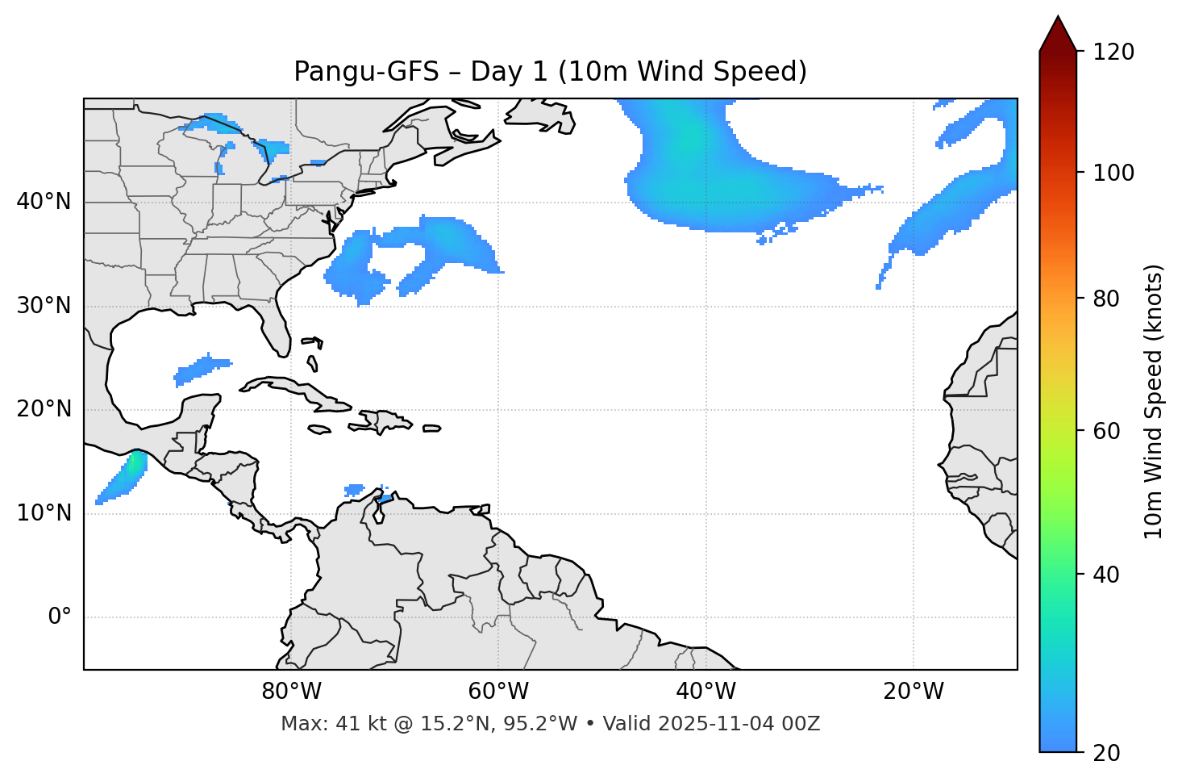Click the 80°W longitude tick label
[x=291, y=692]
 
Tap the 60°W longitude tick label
[x=498, y=692]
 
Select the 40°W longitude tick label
[x=705, y=692]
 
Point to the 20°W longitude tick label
[x=913, y=692]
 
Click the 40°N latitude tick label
[x=44, y=202]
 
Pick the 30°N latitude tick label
[x=44, y=306]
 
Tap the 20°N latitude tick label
[x=44, y=409]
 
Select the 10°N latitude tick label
[x=44, y=513]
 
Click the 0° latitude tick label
[x=60, y=617]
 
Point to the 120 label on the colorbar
[x=1113, y=52]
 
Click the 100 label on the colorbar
[x=1113, y=173]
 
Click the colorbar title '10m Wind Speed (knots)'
[x=1154, y=402]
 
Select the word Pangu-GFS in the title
[x=366, y=72]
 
